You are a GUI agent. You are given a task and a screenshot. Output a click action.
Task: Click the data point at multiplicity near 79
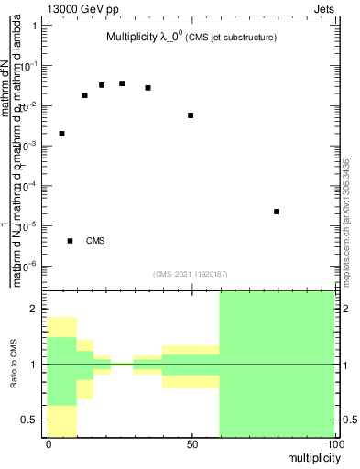point(277,212)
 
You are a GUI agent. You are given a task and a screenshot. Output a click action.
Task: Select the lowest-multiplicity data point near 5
point(61,134)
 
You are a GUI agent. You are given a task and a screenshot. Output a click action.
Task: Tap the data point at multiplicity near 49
point(191,115)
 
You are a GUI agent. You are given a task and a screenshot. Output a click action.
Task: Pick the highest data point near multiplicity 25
point(122,83)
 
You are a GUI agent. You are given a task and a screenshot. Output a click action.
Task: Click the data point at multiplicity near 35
point(147,88)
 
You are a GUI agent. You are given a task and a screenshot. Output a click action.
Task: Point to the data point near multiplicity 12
point(84,95)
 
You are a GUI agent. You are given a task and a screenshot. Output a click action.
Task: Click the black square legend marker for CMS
point(71,241)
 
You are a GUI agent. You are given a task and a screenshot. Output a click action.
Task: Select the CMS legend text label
point(96,241)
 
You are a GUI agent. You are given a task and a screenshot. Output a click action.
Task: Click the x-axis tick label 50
point(191,443)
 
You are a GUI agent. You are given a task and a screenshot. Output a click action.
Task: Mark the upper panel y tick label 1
point(34,25)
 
